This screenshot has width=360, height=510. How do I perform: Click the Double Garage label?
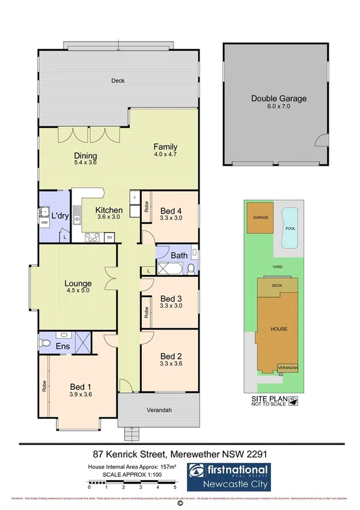pos(278,99)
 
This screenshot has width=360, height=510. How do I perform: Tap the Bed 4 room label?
pos(171,210)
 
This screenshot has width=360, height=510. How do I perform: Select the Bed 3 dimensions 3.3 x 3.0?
pos(171,306)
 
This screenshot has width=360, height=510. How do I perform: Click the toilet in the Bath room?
pos(190,268)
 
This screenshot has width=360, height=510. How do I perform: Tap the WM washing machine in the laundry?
pos(44,223)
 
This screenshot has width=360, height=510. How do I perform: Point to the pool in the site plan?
pos(291,227)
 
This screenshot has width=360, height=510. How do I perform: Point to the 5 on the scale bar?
pos(175,488)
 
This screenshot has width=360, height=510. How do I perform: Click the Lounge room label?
pos(78,283)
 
